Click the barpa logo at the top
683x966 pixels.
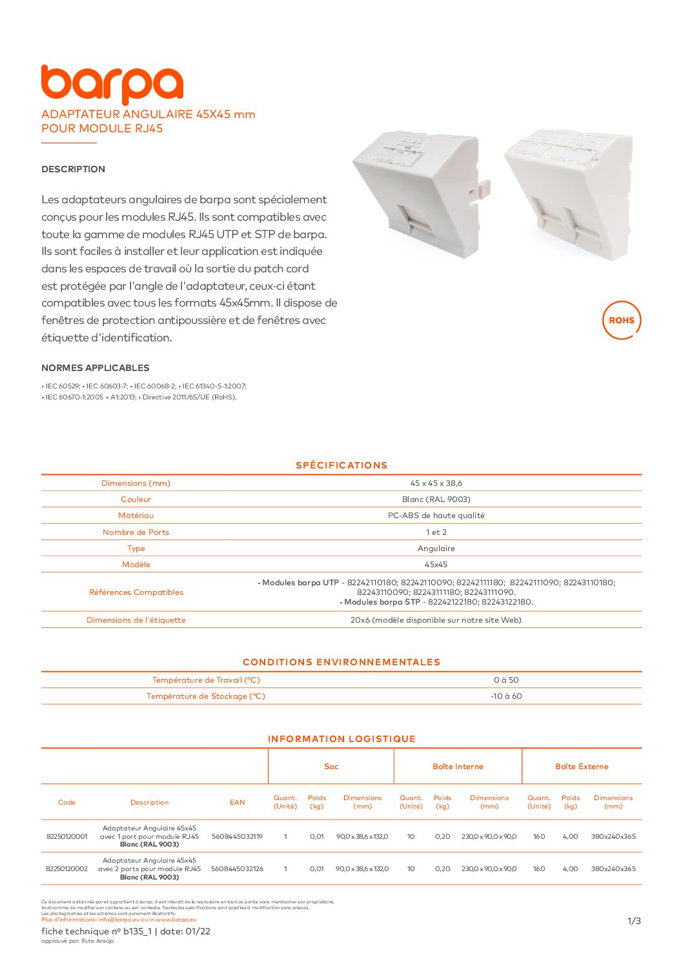112,84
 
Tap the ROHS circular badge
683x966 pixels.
621,320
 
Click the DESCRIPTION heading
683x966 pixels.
73,169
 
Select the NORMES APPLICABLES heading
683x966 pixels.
95,368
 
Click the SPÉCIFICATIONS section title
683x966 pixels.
341,465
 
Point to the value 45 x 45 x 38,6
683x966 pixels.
436,483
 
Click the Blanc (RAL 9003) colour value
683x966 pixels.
436,499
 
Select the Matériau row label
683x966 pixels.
136,516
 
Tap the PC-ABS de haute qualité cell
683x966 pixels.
436,516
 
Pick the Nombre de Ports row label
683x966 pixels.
136,532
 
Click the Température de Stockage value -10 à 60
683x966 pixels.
506,696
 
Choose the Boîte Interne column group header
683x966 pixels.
458,767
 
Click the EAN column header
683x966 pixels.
237,803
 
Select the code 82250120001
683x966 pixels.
66,836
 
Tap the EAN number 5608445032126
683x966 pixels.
237,869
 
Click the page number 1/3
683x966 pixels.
634,921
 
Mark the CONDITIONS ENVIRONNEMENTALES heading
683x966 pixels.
341,662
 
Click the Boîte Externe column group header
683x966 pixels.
582,767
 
